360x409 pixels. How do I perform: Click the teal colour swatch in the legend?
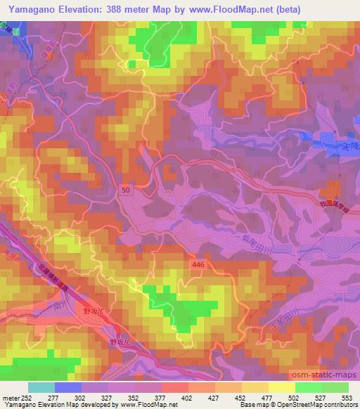[41, 387]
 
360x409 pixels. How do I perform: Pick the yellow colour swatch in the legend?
[282, 387]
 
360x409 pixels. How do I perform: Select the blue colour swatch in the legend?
[68, 387]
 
